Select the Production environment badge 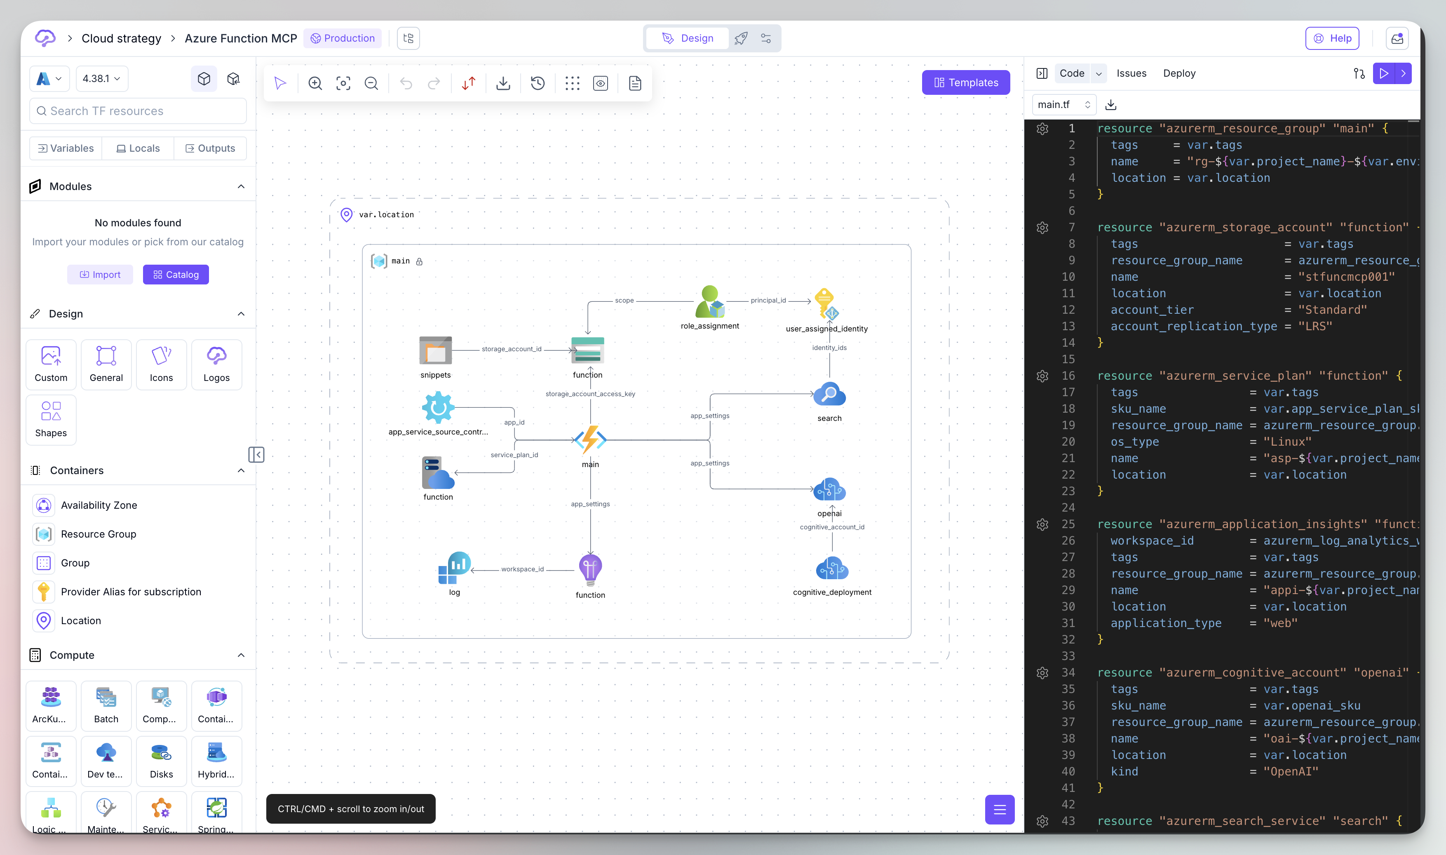(x=343, y=38)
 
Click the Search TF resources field (x=138, y=110)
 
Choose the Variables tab (x=66, y=148)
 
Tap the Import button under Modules (x=100, y=274)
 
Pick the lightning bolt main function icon (x=590, y=439)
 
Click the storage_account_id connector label (x=512, y=349)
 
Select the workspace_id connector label (x=522, y=569)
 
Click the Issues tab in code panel (x=1131, y=73)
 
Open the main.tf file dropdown (x=1063, y=104)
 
